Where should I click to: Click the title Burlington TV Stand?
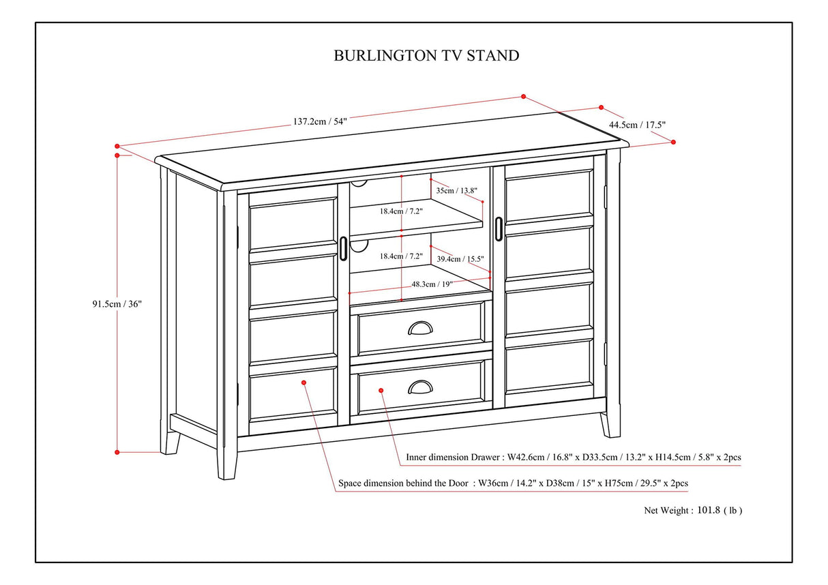point(426,56)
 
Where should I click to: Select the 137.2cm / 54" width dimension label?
point(320,121)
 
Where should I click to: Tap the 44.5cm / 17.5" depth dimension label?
point(636,125)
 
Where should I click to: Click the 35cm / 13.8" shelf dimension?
point(456,191)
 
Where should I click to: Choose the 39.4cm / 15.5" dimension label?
point(460,259)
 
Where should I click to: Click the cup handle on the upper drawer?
point(420,329)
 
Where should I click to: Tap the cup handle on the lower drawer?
point(420,388)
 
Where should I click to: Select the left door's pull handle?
point(342,248)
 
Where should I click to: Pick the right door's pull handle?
point(499,228)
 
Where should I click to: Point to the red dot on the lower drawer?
point(381,391)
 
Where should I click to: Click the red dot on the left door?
point(304,382)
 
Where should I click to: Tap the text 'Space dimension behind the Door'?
point(404,483)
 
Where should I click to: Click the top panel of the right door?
point(549,195)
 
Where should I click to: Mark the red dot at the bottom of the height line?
point(117,451)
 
